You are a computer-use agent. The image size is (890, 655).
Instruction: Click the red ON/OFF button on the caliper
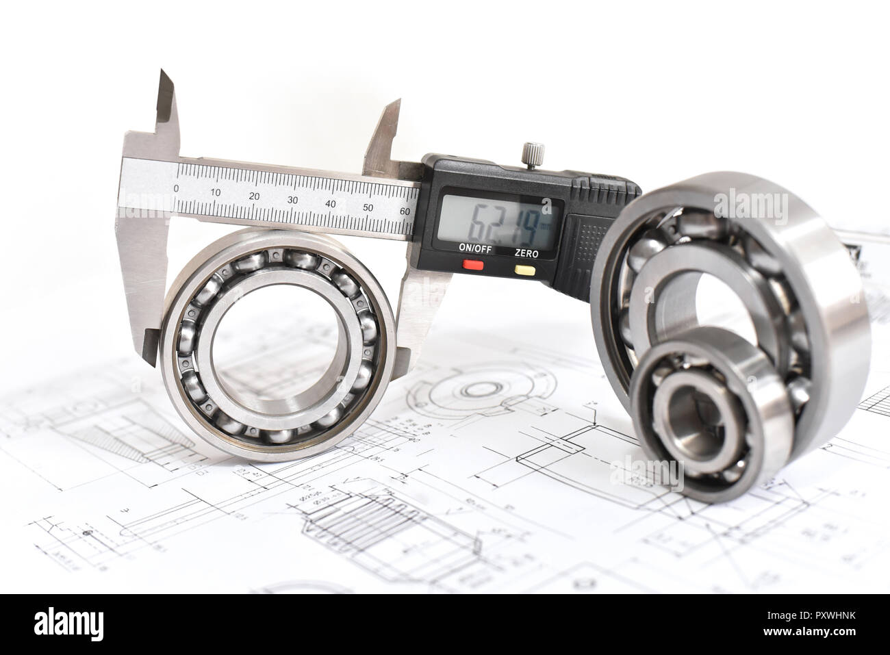(x=473, y=265)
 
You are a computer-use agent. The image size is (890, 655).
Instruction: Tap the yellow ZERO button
(x=526, y=268)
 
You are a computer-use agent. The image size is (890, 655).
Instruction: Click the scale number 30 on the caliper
(x=293, y=200)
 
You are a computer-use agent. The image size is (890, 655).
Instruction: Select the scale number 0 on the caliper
(x=177, y=189)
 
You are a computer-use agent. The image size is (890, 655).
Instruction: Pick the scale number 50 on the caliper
(x=368, y=207)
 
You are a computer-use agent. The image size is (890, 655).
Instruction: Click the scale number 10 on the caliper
(x=216, y=193)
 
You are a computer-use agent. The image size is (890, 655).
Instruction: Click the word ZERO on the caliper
(x=526, y=253)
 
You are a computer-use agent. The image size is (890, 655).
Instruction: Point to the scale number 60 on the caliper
(x=405, y=211)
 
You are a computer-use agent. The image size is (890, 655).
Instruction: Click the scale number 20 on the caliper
(x=255, y=197)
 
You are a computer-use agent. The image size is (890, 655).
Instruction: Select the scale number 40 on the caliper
(x=331, y=203)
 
